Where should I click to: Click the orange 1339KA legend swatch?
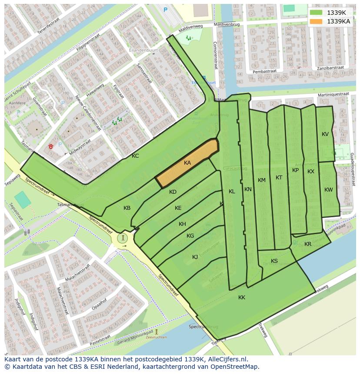coord(317,21)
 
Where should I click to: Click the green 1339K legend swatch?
coord(317,13)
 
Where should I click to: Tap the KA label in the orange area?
coord(187,163)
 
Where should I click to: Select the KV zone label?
coord(325,134)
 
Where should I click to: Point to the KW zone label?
coord(328,190)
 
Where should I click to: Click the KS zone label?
coord(274,261)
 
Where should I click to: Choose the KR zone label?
coord(308,244)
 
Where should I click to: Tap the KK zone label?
coord(242,298)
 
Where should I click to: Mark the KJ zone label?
coord(195,257)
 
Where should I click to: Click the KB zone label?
coord(127,208)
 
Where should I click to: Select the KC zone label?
coord(135,156)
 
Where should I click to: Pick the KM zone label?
coord(261,180)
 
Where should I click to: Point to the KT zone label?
coord(279,178)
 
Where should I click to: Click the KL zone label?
coord(232,192)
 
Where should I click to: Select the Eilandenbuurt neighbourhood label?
coord(140,50)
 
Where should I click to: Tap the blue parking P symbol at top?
coord(165,9)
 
